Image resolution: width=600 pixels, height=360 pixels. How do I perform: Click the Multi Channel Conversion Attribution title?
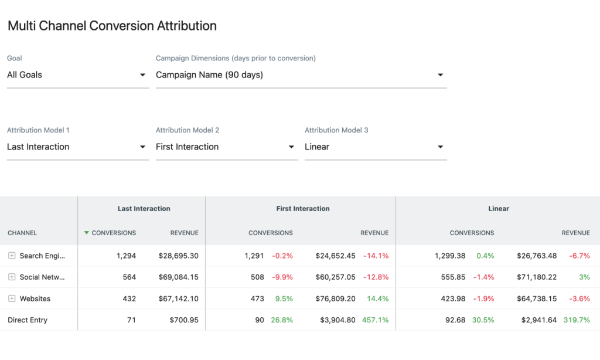click(112, 26)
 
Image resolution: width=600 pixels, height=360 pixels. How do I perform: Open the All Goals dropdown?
click(77, 75)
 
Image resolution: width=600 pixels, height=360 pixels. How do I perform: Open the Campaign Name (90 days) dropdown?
click(301, 75)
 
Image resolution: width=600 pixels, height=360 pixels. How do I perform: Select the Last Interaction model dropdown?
click(77, 147)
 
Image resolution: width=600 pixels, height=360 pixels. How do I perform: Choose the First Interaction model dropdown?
click(226, 147)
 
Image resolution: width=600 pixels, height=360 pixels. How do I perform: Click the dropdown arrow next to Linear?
click(440, 147)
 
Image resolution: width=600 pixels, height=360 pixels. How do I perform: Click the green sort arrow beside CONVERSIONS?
click(87, 233)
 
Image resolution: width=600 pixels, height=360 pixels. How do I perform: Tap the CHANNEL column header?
click(22, 233)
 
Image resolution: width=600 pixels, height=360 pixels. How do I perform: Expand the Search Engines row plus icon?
click(12, 256)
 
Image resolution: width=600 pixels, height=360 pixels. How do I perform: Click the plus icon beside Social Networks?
click(12, 277)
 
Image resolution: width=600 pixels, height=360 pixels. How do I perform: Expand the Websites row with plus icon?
click(12, 299)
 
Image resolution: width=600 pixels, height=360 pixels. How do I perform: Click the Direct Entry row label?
click(28, 320)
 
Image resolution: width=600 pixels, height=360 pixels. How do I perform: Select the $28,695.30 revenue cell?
click(178, 256)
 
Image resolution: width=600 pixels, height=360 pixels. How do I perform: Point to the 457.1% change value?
click(376, 320)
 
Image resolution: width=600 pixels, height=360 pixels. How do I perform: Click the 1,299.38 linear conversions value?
click(450, 256)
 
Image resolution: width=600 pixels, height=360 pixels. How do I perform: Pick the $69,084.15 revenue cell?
click(178, 277)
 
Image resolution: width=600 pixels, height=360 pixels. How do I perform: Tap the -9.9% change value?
click(282, 277)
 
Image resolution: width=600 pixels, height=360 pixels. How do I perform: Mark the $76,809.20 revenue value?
click(335, 299)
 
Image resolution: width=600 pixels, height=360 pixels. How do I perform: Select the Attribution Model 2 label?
click(187, 130)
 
